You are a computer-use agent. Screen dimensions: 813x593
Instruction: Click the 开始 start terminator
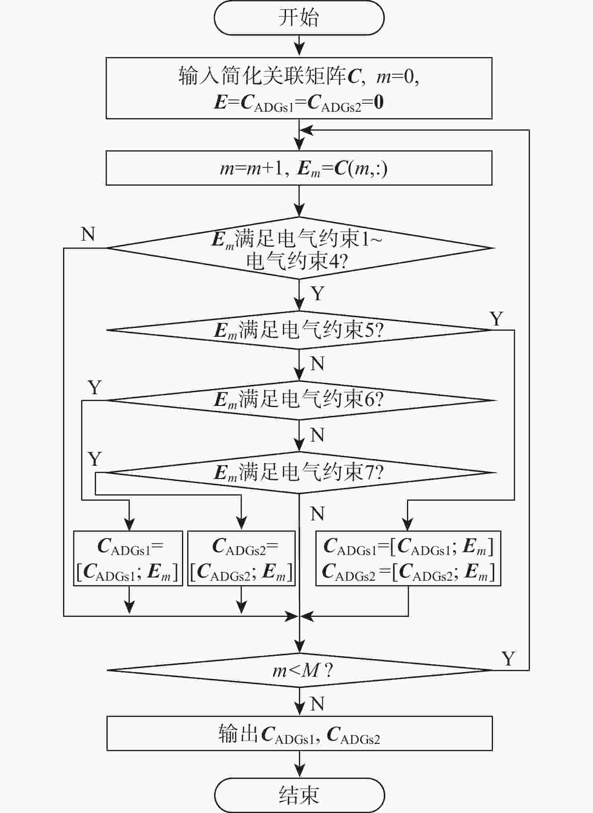coord(299,18)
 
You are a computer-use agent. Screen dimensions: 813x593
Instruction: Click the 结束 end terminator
coord(299,795)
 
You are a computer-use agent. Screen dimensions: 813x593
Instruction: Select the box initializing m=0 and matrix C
coord(299,88)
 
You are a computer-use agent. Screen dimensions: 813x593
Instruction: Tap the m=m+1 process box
coord(299,168)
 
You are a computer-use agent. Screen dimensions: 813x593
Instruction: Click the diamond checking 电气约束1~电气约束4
coord(299,248)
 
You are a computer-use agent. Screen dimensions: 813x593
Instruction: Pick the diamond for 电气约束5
coord(299,330)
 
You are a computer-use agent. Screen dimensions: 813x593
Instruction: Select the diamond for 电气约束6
coord(299,400)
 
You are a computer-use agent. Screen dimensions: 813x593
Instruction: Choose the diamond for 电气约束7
coord(299,473)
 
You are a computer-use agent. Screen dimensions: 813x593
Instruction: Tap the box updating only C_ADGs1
coord(128,558)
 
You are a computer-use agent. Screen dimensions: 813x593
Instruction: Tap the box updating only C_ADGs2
coord(241,558)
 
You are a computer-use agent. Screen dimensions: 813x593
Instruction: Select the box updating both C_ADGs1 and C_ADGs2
coord(408,558)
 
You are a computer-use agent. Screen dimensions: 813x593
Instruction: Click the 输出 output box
coord(299,733)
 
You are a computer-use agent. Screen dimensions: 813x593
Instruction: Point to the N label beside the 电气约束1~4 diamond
coord(88,234)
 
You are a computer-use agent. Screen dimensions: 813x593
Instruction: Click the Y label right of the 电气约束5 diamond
coord(497,319)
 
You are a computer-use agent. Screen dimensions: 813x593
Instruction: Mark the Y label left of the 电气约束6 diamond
coord(94,387)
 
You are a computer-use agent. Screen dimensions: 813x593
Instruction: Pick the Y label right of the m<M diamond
coord(508,659)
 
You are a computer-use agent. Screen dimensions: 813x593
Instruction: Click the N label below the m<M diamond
coord(317,704)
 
